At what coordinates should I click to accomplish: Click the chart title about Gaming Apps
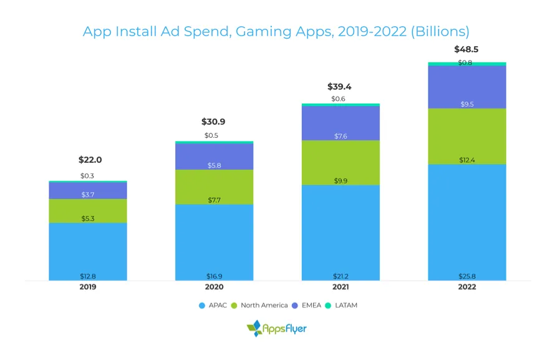coord(276,31)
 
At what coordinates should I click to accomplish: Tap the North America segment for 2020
coord(215,187)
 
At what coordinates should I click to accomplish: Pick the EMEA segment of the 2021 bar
coord(340,123)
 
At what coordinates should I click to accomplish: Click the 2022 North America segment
coord(467,136)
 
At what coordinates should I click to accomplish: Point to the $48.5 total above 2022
coord(467,49)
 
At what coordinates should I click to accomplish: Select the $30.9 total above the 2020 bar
coord(213,122)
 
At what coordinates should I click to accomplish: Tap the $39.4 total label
coord(340,87)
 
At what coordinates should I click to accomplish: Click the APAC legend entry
coord(213,305)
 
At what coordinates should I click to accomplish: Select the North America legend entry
coord(259,305)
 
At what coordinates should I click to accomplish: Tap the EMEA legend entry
coord(306,305)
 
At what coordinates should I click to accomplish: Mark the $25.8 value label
coord(467,276)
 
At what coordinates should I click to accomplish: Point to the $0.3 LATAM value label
coord(88,176)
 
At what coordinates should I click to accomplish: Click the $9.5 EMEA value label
coord(467,104)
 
